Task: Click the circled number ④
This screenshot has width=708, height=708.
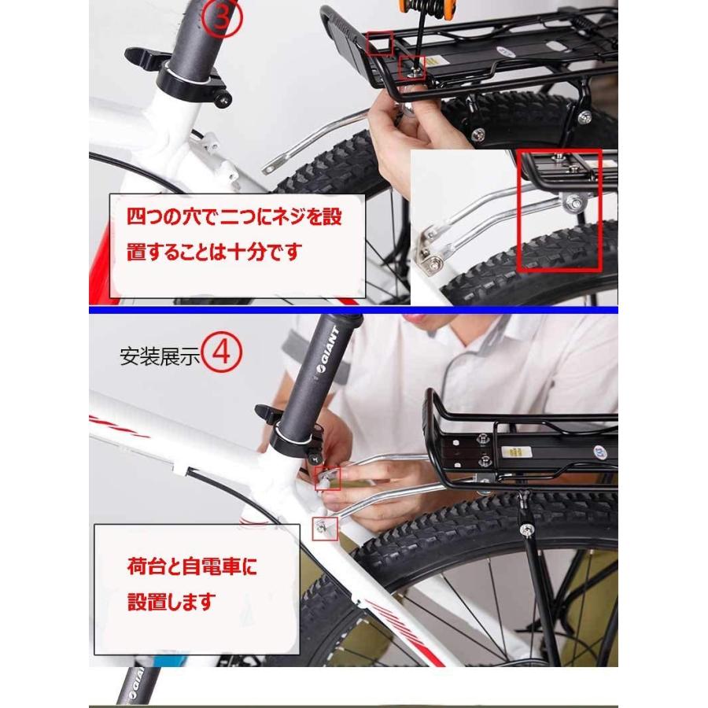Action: (221, 352)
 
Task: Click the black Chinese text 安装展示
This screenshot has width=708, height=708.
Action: (160, 356)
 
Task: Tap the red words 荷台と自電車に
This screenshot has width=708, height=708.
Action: (192, 566)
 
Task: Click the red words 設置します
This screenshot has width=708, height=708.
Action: (171, 602)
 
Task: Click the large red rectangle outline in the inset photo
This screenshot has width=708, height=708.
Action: (559, 212)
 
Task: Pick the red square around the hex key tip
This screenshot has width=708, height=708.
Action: (412, 68)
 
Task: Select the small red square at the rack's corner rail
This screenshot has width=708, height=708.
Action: (380, 43)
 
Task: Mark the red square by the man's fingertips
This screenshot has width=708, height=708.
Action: (328, 479)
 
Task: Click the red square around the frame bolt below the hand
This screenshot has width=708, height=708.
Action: (325, 529)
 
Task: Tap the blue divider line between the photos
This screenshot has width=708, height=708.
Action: (353, 310)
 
